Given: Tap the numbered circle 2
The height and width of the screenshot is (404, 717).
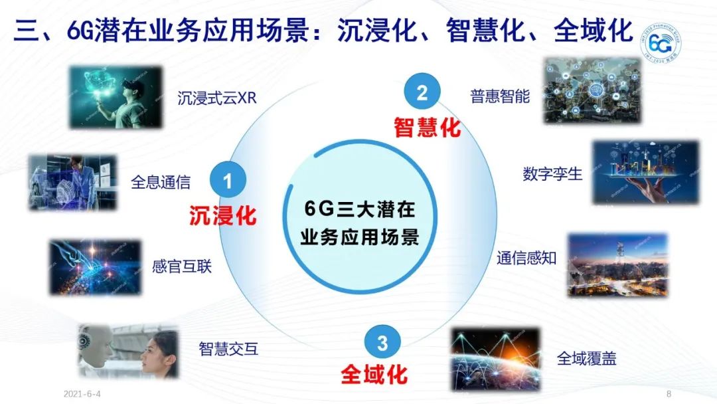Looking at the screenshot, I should tap(422, 93).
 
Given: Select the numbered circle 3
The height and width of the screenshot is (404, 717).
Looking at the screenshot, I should tap(382, 343).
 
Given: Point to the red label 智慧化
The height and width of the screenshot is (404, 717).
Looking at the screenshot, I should tap(427, 127).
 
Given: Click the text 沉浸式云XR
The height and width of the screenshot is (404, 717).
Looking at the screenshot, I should tap(216, 99).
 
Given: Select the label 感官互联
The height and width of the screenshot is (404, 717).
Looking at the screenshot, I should tap(181, 267).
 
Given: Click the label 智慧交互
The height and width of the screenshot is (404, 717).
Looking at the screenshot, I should tap(228, 348).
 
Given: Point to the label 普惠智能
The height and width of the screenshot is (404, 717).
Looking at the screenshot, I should tap(500, 96).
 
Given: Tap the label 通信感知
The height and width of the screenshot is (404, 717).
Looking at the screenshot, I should tap(526, 258).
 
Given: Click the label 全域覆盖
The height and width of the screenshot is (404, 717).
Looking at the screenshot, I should tap(586, 359).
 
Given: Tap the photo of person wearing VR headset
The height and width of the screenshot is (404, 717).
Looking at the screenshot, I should tap(116, 97).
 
